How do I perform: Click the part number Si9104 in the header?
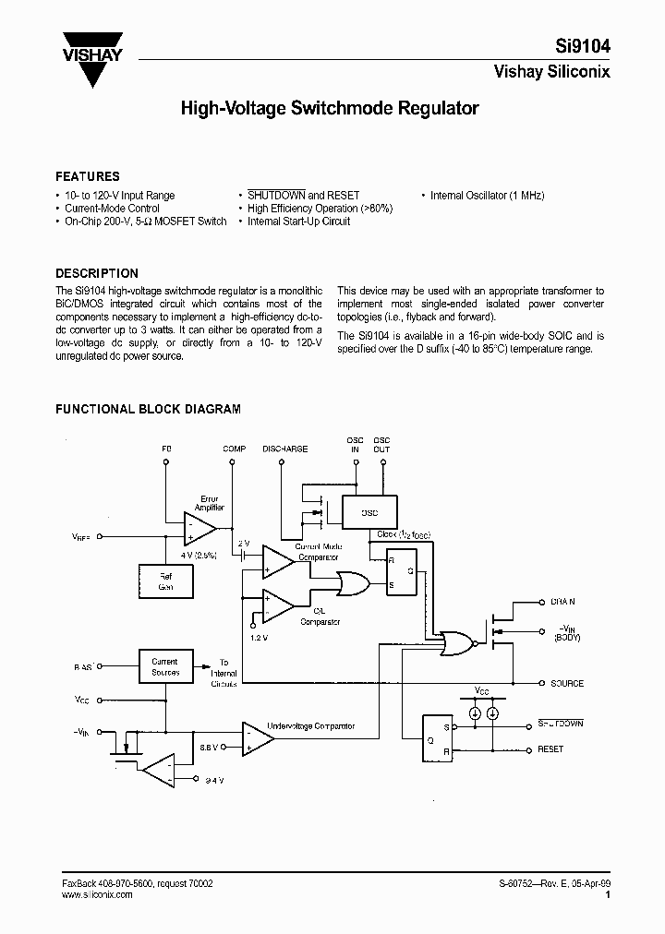tap(581, 46)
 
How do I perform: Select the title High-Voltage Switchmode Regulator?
tap(330, 109)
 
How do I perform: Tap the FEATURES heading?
tap(88, 176)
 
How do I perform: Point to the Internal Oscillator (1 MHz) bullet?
tap(487, 196)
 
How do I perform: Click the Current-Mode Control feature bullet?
tap(111, 209)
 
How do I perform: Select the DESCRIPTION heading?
tap(97, 273)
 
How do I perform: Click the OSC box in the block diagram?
tap(368, 512)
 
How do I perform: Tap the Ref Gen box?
tap(166, 581)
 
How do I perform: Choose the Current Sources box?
tap(165, 666)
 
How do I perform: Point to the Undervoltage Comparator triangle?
tap(256, 736)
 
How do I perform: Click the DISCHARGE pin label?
tap(284, 449)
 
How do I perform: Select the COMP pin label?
tap(235, 449)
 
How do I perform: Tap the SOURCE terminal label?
tap(567, 684)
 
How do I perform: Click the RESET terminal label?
tap(551, 749)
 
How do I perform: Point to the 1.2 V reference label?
tap(260, 638)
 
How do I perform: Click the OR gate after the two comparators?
tap(352, 583)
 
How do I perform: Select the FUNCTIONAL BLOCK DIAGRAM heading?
tap(148, 408)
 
